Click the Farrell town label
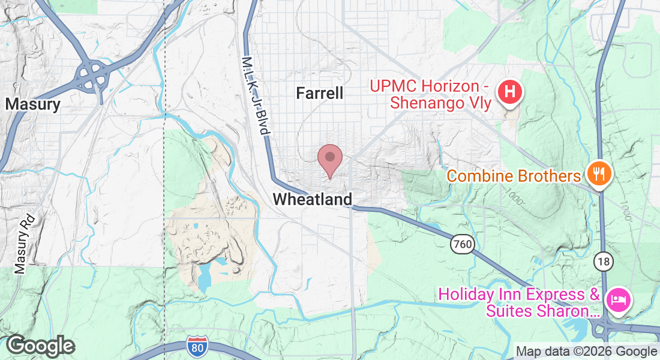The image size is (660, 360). point(320,93)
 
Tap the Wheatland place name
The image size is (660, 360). point(313,199)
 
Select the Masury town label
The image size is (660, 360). point(33,104)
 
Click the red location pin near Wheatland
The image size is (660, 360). point(329,159)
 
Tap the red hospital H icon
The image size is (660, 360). point(510,93)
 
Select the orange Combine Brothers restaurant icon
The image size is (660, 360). point(598,174)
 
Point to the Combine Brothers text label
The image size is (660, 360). point(514,176)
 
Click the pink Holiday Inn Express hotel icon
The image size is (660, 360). point(618,299)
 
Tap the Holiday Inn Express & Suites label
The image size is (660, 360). point(520,303)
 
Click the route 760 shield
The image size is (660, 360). point(463,244)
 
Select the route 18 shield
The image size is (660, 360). point(604,261)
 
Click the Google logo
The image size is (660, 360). point(40,346)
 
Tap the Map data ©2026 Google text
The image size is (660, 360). point(586,352)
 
